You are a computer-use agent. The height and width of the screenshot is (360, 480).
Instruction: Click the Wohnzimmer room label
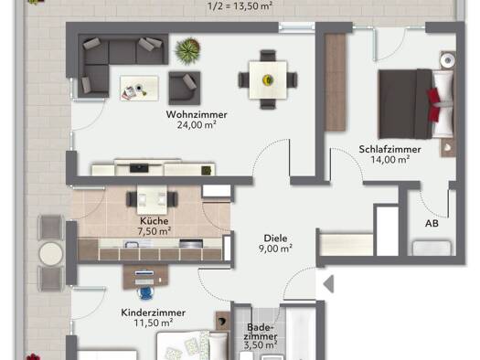[x=197, y=115]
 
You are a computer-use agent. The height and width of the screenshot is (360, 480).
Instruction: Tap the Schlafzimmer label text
[x=389, y=150]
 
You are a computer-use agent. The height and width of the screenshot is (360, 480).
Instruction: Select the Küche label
[x=155, y=221]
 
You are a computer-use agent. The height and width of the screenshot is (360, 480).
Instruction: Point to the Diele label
[x=275, y=238]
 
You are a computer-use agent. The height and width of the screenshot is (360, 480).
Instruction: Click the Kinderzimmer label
[x=153, y=312]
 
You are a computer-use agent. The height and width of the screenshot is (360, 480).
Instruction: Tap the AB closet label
[x=432, y=224]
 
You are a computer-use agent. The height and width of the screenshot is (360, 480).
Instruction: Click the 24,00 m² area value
[x=197, y=125]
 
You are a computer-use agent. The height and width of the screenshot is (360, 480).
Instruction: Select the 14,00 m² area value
[x=390, y=160]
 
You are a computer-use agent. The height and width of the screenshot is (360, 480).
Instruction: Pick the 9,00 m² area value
[x=275, y=249]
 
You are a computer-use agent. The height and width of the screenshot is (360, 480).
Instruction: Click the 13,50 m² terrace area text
[x=250, y=6]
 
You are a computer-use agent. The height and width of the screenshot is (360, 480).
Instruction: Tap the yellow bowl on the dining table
[x=268, y=80]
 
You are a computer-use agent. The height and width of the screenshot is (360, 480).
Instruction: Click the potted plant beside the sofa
[x=188, y=50]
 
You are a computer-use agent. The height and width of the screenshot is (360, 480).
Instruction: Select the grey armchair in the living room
[x=185, y=88]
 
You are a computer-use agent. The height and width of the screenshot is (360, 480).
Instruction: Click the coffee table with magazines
[x=139, y=88]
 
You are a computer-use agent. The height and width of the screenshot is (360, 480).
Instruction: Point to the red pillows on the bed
[x=435, y=104]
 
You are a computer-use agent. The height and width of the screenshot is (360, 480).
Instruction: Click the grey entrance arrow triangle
[x=329, y=284]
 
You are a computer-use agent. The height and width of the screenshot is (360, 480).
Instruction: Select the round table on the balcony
[x=51, y=253]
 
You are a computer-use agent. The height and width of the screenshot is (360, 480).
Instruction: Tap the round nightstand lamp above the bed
[x=448, y=60]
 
